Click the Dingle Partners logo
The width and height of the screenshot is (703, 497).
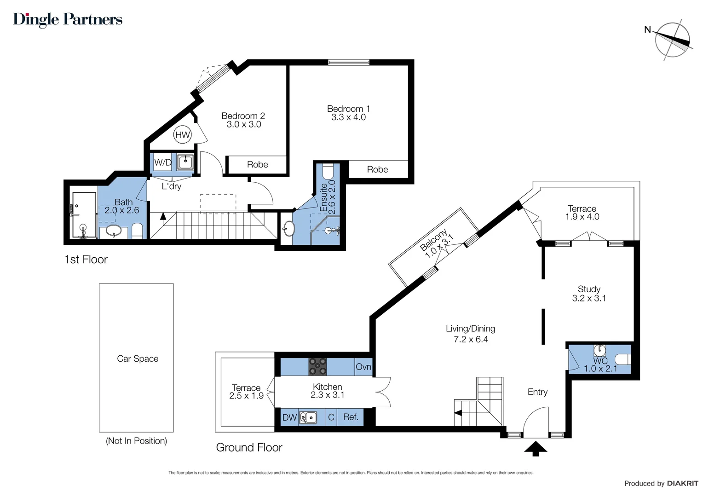68,19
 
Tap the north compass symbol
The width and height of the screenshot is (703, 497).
672,40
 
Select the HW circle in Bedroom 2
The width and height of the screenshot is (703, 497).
183,135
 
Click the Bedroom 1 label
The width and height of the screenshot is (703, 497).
348,109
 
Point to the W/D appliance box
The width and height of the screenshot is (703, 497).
162,162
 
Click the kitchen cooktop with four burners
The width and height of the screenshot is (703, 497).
317,367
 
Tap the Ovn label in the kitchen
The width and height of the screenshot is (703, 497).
363,367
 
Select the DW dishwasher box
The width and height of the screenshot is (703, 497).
289,417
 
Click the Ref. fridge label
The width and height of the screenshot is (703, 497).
351,417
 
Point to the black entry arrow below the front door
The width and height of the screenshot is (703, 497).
536,449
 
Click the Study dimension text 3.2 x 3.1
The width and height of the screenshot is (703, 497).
589,298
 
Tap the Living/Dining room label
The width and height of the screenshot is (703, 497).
470,329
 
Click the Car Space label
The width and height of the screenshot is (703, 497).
138,358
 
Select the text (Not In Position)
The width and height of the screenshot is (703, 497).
136,441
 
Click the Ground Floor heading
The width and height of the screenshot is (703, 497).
249,447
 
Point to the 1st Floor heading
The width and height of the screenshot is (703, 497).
86,260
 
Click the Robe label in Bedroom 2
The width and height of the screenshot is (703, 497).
257,165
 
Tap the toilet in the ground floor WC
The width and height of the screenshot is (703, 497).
623,359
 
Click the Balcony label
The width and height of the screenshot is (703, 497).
433,240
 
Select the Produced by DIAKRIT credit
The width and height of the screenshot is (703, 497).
661,483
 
